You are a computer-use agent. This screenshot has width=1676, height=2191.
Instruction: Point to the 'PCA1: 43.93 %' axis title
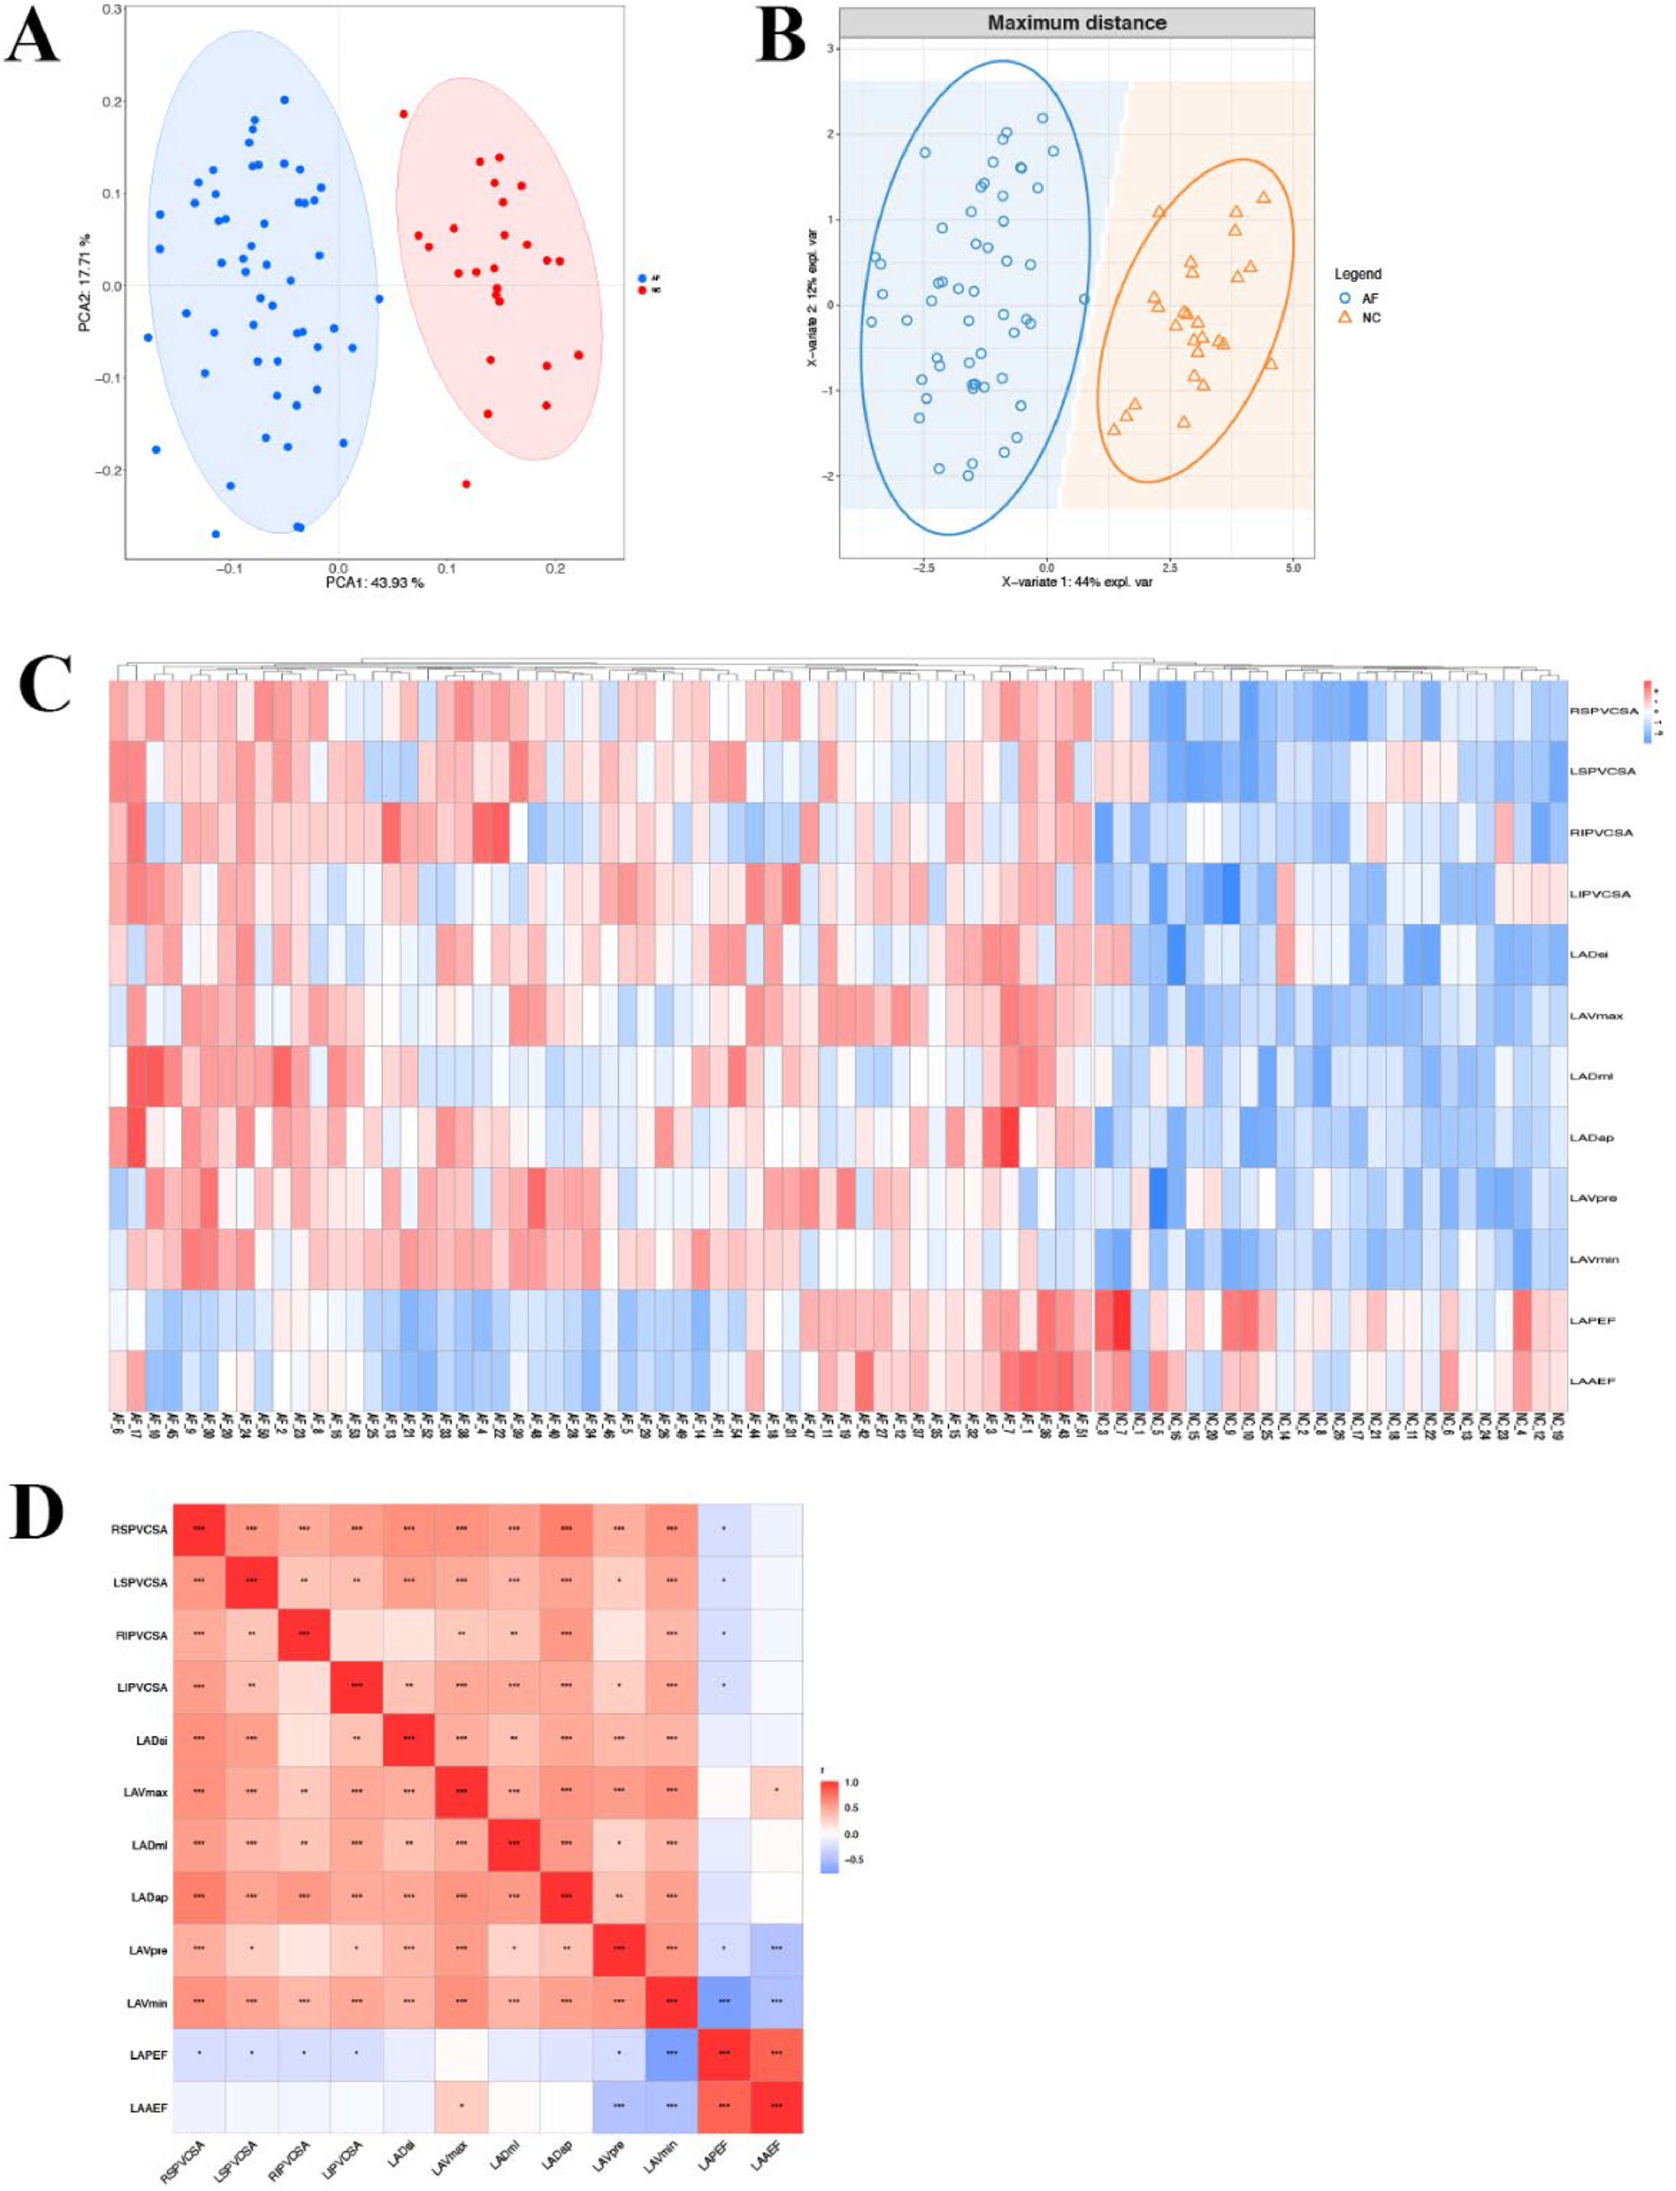[x=375, y=583]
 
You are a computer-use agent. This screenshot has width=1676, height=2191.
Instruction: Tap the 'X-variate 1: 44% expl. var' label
[x=1077, y=580]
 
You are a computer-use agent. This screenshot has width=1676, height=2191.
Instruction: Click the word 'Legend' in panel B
[x=1358, y=274]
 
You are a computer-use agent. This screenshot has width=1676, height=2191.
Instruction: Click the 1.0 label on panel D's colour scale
[x=851, y=1782]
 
